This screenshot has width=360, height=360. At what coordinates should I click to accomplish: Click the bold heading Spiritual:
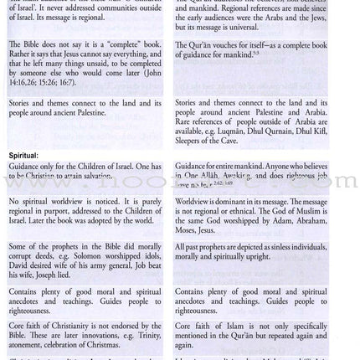pyautogui.click(x=24, y=155)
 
